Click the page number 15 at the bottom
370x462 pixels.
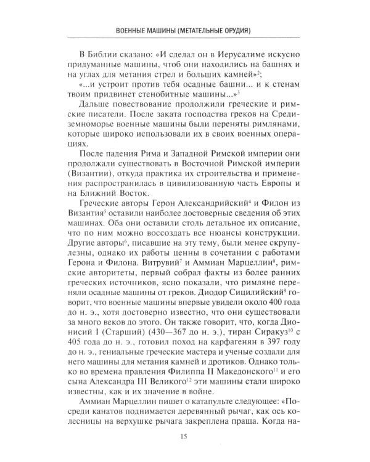coord(184,438)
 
